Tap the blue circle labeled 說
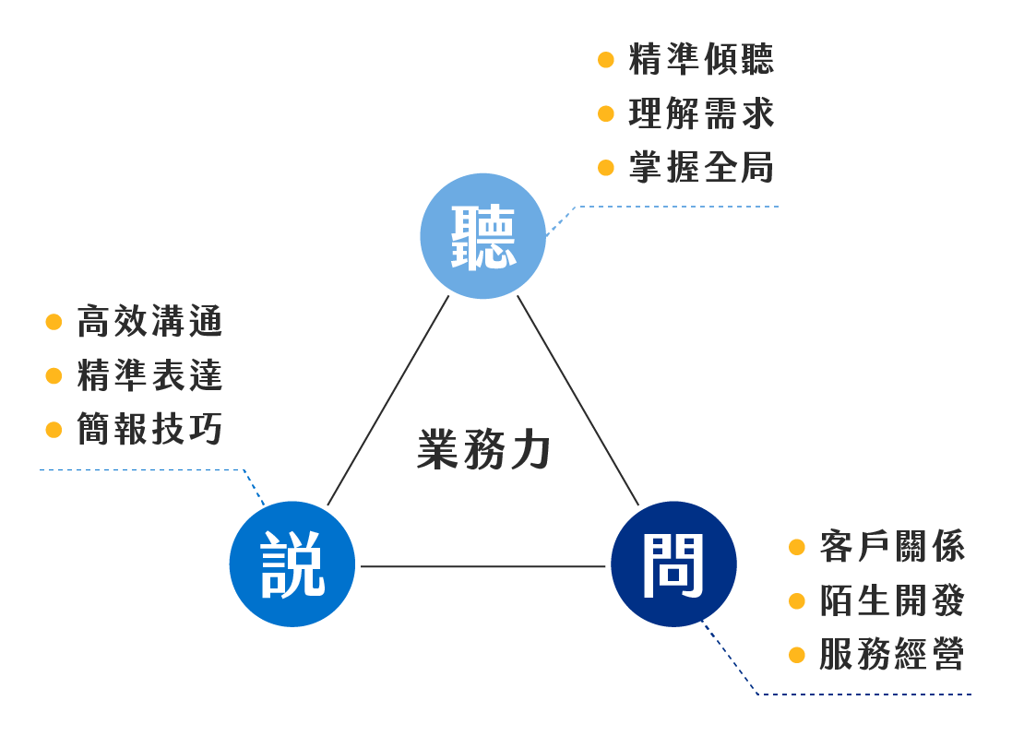click(x=292, y=564)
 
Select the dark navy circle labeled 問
click(x=673, y=564)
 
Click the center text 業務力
click(x=483, y=449)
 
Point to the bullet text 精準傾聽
click(x=701, y=60)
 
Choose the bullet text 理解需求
click(x=701, y=114)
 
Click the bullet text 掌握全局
click(x=701, y=168)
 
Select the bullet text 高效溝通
click(x=149, y=322)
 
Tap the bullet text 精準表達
click(x=149, y=376)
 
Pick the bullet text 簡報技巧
click(x=149, y=430)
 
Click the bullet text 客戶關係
click(x=891, y=547)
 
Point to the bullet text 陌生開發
click(x=891, y=601)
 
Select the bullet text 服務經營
click(x=891, y=656)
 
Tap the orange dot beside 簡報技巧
click(x=54, y=431)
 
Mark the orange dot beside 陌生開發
click(x=797, y=602)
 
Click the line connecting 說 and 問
click(x=482, y=566)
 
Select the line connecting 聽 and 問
click(x=577, y=400)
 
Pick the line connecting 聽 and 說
click(x=388, y=400)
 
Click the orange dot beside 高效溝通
click(x=54, y=323)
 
